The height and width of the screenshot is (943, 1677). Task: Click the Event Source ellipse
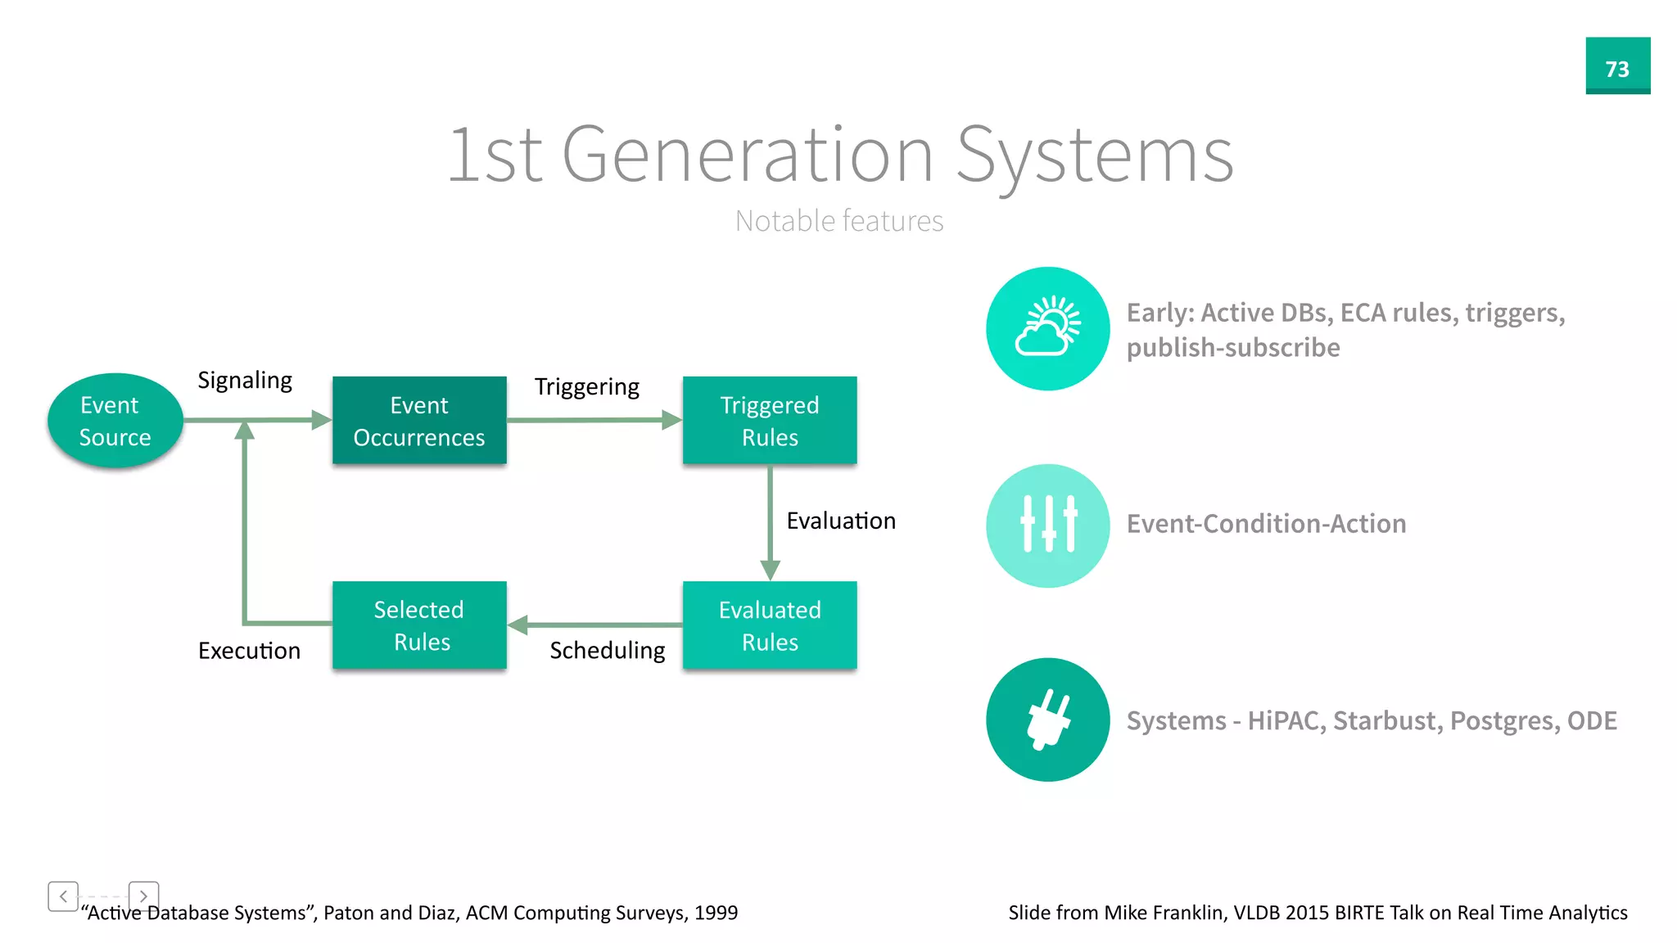(x=115, y=421)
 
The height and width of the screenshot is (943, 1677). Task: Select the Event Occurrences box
(x=419, y=421)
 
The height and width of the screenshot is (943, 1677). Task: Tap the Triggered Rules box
(x=770, y=421)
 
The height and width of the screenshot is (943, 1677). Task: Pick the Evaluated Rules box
(x=770, y=625)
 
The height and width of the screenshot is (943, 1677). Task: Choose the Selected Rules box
(x=419, y=625)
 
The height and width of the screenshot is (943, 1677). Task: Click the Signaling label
(x=245, y=381)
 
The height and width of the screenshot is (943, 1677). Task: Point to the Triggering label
(x=587, y=386)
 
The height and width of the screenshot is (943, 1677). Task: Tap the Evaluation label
(x=841, y=521)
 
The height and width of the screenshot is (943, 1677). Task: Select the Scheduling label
(x=607, y=650)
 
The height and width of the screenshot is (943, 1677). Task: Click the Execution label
(x=249, y=651)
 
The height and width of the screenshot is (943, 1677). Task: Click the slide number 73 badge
(x=1617, y=66)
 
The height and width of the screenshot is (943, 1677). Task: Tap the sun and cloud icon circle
(x=1047, y=328)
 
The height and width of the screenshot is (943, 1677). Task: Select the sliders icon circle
(x=1047, y=525)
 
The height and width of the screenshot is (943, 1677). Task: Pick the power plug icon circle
(x=1047, y=720)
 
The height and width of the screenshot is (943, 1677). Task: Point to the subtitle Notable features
(x=838, y=221)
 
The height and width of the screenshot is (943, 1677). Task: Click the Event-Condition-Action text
(x=1266, y=524)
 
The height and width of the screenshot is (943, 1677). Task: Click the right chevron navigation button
(x=143, y=896)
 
